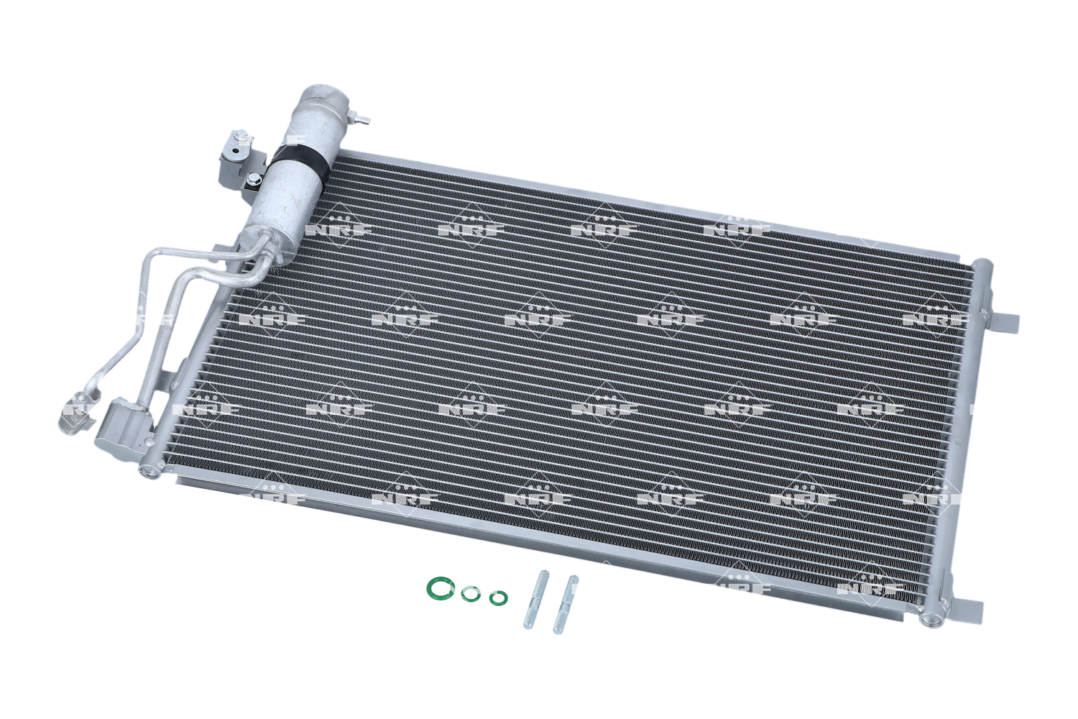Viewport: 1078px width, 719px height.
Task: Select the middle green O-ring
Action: click(x=470, y=595)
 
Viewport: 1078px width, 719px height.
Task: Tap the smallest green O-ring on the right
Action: click(x=498, y=598)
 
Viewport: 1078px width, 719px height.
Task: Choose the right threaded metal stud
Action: click(x=566, y=604)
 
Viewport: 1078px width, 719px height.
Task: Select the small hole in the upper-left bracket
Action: click(x=235, y=150)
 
